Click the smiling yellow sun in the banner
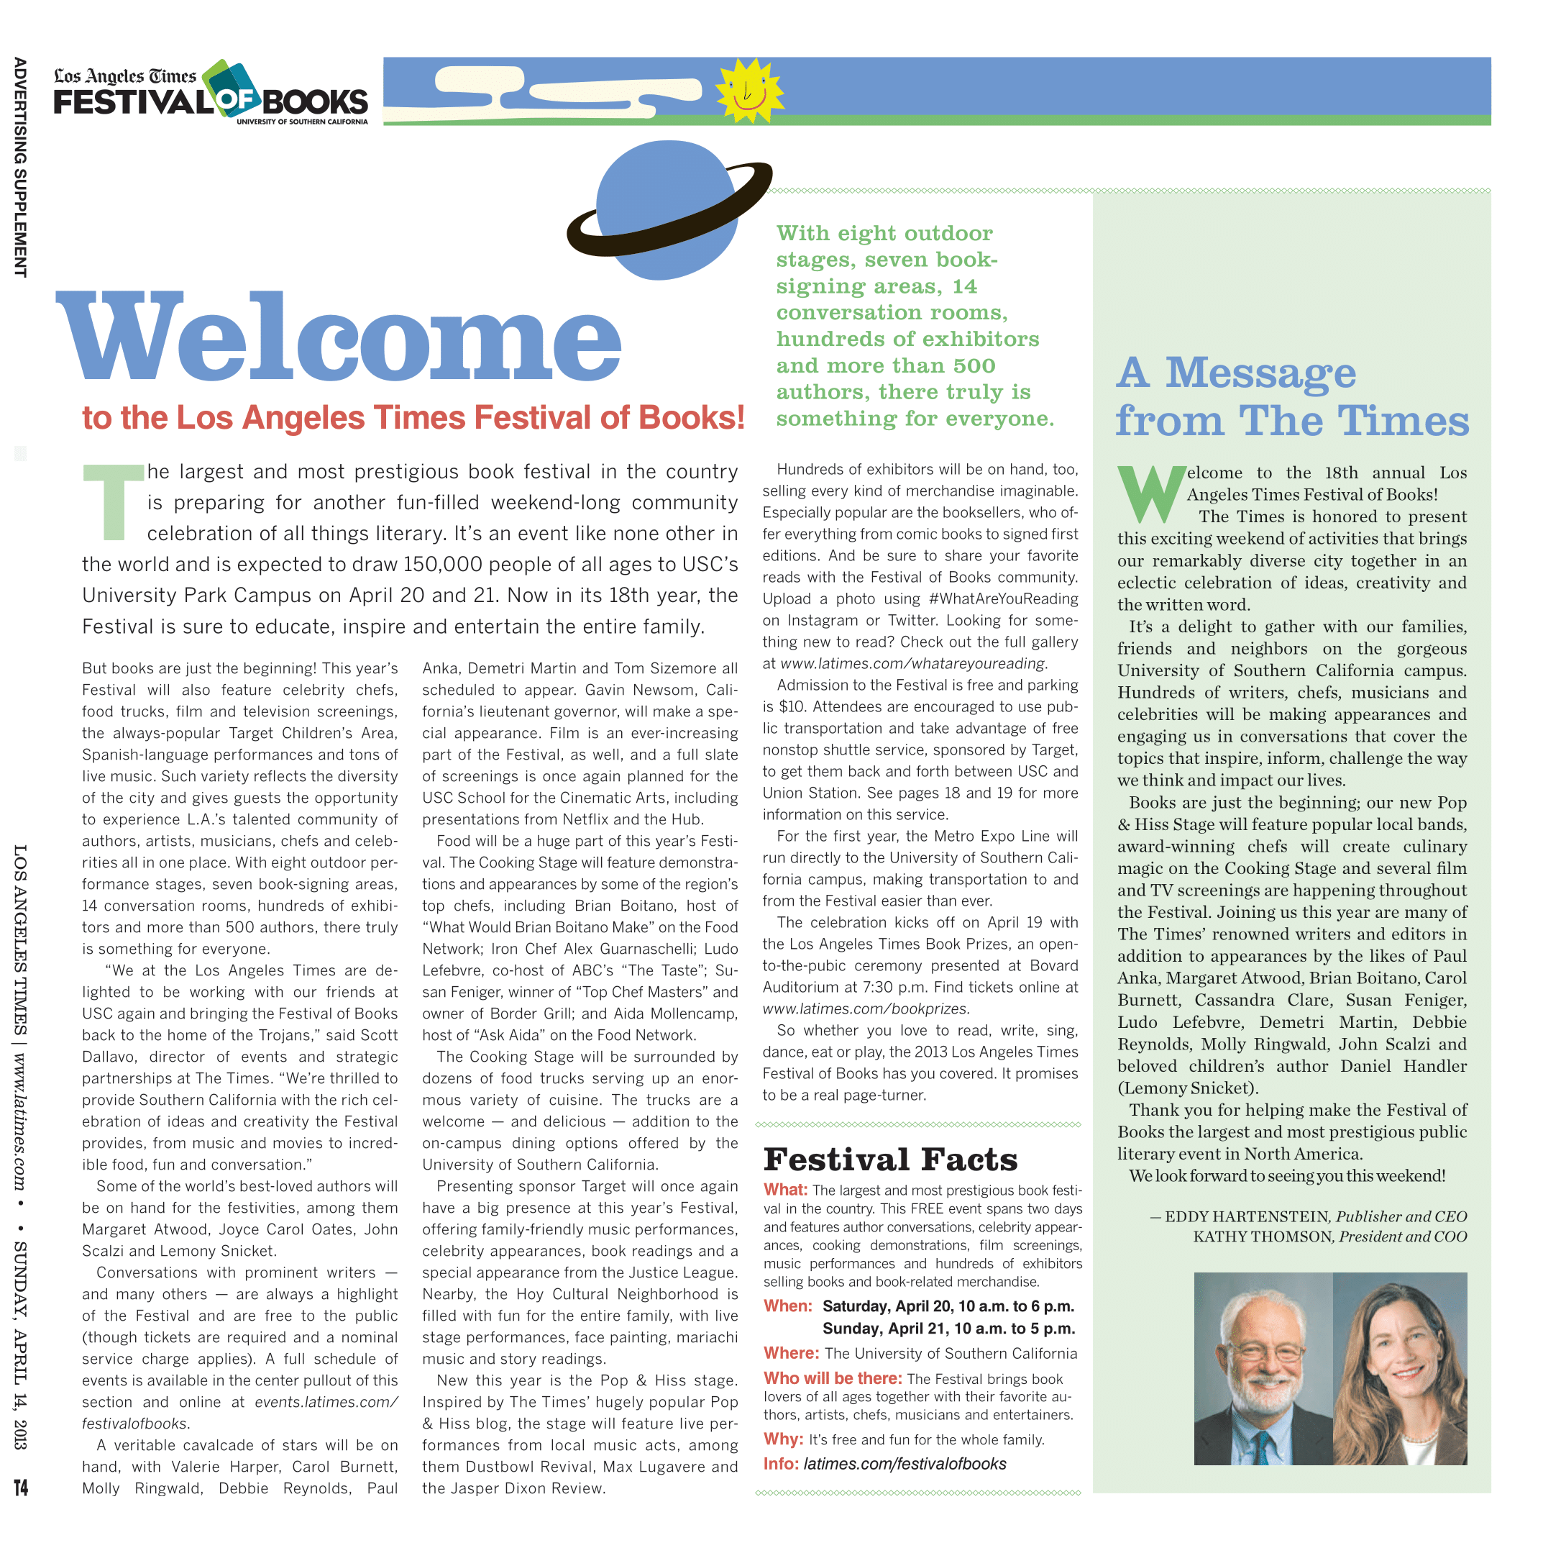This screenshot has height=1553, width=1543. click(x=749, y=90)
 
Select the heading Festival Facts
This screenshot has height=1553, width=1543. click(x=889, y=1159)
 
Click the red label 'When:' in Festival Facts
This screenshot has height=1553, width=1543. click(x=787, y=1306)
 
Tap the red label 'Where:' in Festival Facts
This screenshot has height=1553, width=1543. click(x=791, y=1354)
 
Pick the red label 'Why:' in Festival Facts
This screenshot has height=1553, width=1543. click(x=783, y=1439)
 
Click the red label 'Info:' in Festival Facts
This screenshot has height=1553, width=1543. click(x=780, y=1464)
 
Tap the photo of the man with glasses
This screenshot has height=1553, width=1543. click(x=1263, y=1368)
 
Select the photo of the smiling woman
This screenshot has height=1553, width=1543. click(x=1400, y=1368)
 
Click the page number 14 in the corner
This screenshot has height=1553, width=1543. click(x=21, y=1488)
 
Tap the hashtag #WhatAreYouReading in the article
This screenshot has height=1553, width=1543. click(x=1002, y=599)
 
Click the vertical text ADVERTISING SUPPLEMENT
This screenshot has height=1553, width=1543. click(x=21, y=167)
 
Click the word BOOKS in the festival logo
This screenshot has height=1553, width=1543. click(x=314, y=103)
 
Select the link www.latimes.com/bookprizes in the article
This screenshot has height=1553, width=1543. click(x=866, y=1008)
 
